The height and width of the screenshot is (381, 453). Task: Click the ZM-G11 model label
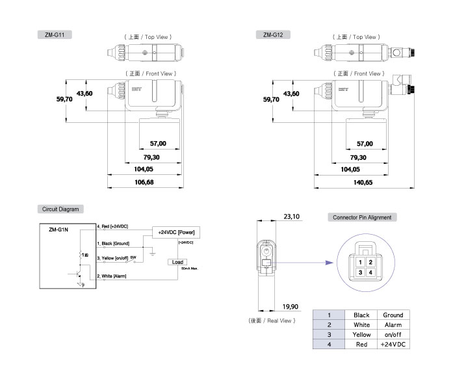tap(54, 34)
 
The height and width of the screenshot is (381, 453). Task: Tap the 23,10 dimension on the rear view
tap(291, 217)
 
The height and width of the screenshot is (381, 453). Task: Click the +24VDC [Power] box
tap(177, 231)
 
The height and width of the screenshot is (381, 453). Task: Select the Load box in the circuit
tap(177, 262)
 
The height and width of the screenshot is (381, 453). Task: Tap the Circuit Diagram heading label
tap(60, 209)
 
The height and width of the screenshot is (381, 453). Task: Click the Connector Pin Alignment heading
tap(362, 217)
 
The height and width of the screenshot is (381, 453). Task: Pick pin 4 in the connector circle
tap(370, 272)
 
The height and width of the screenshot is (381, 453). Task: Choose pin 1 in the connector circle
tap(359, 262)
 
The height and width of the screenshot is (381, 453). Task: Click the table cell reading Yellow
tap(361, 334)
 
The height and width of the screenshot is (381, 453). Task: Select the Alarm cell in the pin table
tap(393, 324)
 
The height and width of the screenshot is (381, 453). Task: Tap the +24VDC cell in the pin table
tap(393, 344)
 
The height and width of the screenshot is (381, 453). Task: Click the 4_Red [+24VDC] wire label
tap(113, 226)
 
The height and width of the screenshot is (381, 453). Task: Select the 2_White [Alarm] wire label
tap(112, 276)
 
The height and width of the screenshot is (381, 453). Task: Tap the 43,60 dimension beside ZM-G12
tap(292, 94)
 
